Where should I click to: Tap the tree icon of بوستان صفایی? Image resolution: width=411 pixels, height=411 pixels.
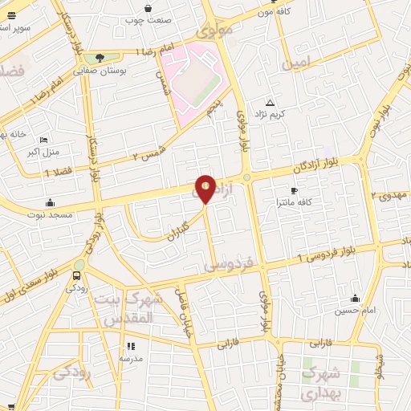coord(100,57)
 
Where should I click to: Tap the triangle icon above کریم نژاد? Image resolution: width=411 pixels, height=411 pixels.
coord(270,102)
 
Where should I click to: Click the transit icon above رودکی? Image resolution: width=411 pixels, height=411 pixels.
coord(79,265)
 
